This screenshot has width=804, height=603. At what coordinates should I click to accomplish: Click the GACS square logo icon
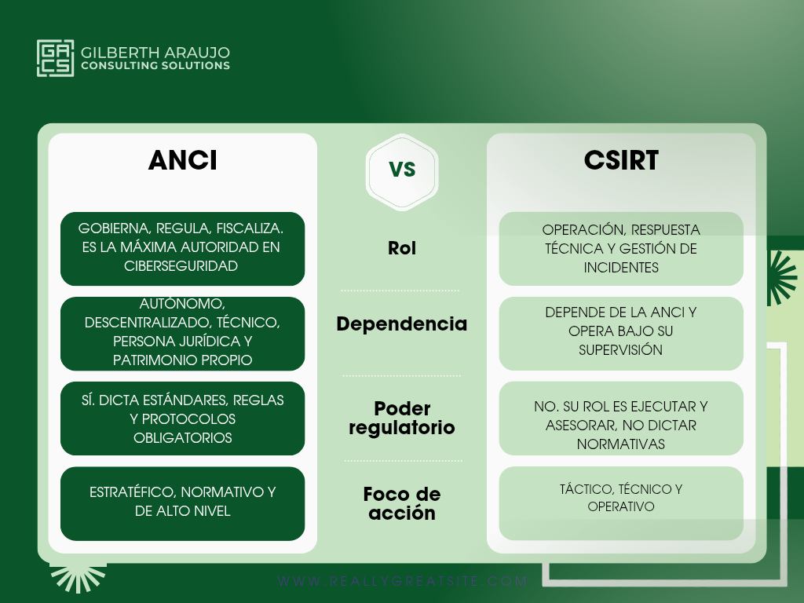coord(56,58)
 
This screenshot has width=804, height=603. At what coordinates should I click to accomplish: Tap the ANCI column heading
coord(182,160)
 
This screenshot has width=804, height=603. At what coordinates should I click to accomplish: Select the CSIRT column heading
coord(621,160)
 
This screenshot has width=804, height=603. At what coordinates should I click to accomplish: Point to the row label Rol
coord(402,248)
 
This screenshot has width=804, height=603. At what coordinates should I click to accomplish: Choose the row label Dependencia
coord(402,323)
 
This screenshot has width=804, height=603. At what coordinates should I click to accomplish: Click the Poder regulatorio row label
coord(402,418)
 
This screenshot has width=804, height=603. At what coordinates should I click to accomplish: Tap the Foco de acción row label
coord(402,503)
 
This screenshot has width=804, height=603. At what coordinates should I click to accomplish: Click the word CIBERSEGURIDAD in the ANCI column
coord(181,266)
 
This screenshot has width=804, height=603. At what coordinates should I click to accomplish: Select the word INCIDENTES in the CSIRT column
coord(621,268)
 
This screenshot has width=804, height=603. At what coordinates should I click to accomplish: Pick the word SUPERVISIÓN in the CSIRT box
coord(620,350)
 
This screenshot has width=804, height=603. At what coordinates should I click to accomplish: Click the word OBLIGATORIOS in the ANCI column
coord(182,438)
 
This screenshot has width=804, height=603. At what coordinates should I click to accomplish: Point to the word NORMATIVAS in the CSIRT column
coord(621,444)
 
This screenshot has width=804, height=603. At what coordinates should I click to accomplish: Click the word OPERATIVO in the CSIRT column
coord(621,506)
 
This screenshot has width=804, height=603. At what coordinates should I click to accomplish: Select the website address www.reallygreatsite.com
coord(403,581)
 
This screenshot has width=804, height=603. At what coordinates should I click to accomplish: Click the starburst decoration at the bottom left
coord(78,579)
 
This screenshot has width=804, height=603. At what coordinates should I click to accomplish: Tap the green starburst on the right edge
coord(781,278)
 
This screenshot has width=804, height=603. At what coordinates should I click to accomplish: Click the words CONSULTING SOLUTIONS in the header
coord(155,66)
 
